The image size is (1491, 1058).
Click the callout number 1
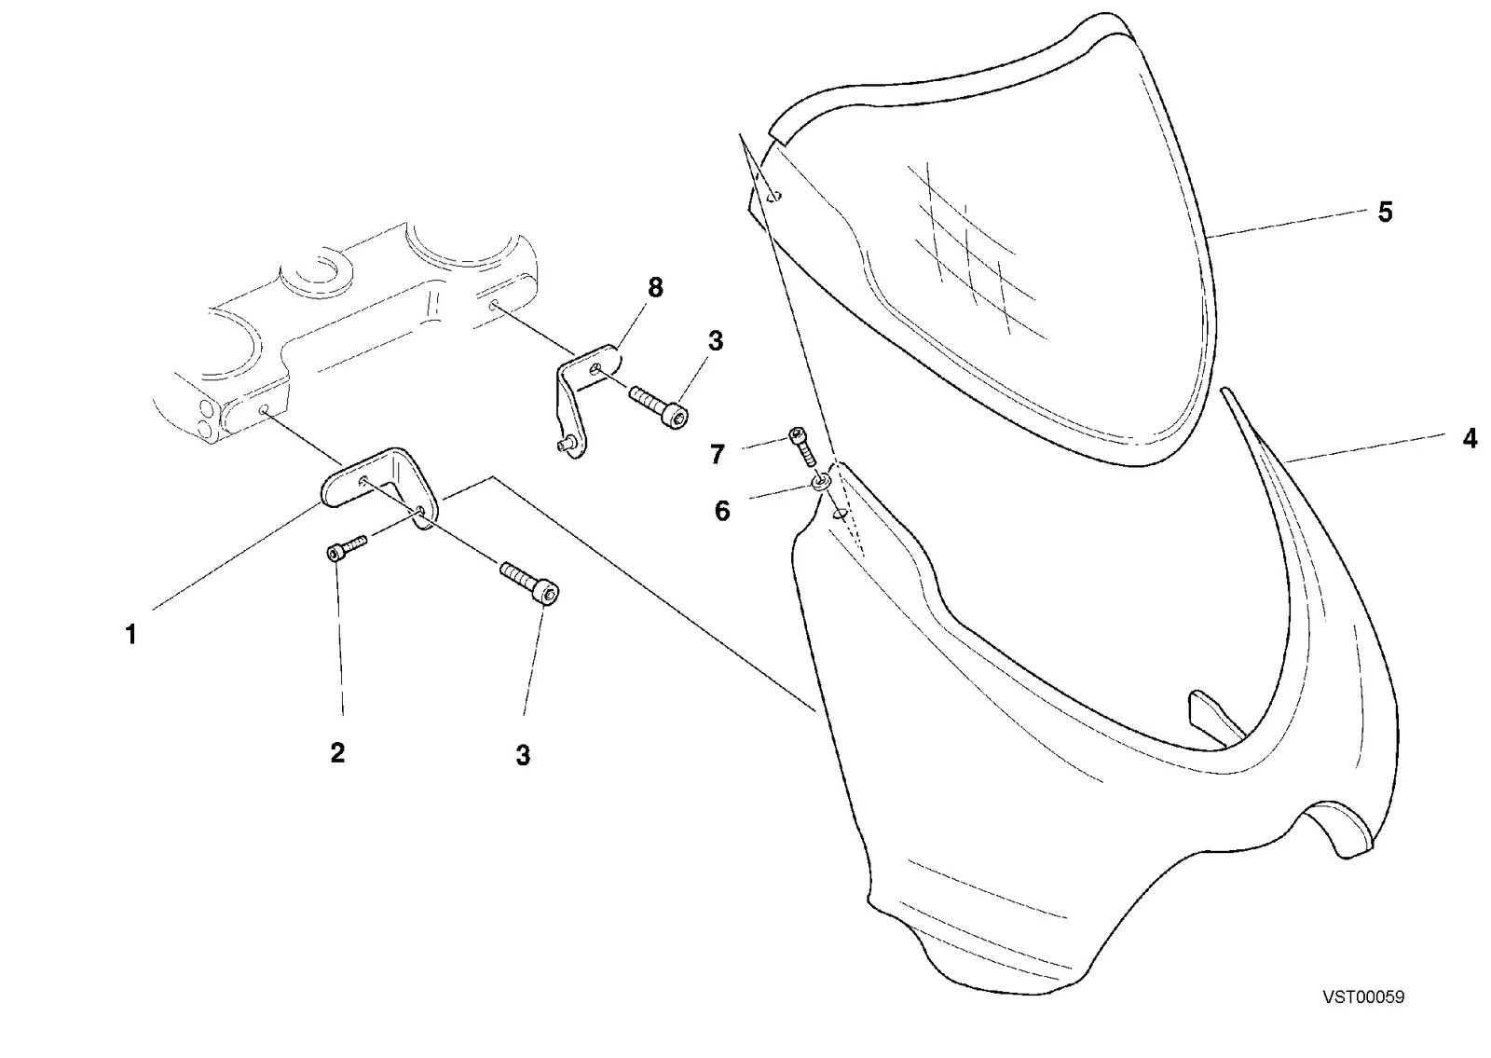pos(131,635)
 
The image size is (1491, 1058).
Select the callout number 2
pos(337,753)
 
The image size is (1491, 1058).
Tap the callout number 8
pos(655,288)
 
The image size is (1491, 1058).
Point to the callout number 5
pos(1385,213)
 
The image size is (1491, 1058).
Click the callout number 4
pos(1469,439)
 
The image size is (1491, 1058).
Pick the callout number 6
pos(722,512)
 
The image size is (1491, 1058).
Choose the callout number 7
pos(717,455)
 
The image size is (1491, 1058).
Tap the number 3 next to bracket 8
pos(716,341)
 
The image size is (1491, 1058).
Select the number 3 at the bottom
pos(523,756)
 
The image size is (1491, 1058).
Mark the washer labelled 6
pos(821,481)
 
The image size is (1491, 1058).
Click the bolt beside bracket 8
pos(659,405)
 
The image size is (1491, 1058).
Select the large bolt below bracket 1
pos(530,584)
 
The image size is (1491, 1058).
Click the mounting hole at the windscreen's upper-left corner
pos(774,196)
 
